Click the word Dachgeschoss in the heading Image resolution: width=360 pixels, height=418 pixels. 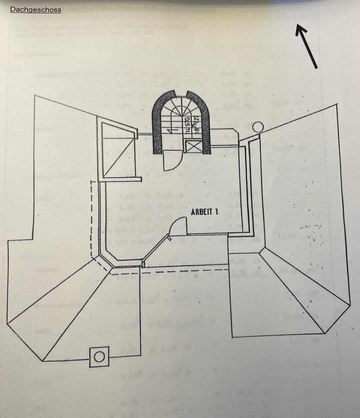35,9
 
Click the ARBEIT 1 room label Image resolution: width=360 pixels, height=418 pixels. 204,212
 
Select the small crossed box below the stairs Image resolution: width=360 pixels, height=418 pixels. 191,147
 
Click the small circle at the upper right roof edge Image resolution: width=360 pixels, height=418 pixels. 258,127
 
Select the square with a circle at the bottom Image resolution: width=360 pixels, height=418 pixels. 99,357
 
